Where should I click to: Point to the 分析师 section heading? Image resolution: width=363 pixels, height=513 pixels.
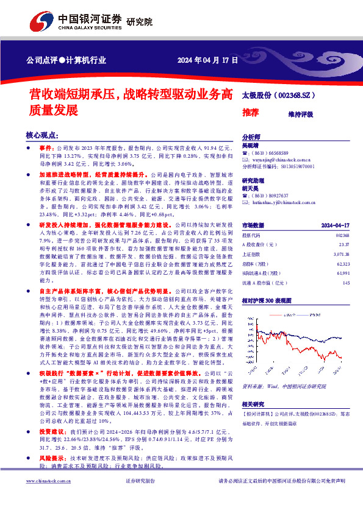tap(251, 138)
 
